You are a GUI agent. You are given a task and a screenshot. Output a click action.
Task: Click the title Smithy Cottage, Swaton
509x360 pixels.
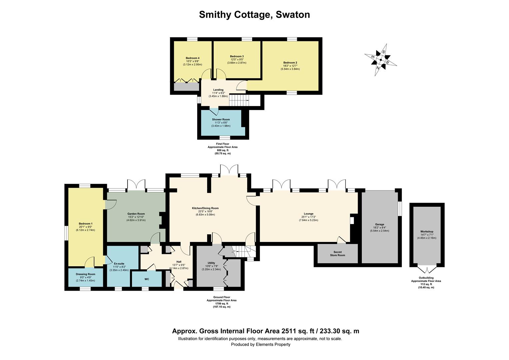(x=254, y=15)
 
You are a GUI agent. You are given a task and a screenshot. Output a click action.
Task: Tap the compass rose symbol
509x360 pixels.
(x=380, y=60)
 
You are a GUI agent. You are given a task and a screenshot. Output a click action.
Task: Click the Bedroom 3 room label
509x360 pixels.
(x=237, y=56)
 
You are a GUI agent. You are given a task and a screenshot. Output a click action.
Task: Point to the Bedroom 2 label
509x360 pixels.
(x=290, y=63)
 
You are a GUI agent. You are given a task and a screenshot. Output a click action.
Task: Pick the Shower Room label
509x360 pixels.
(x=221, y=119)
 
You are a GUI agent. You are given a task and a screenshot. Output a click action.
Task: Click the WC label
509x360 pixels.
(x=147, y=279)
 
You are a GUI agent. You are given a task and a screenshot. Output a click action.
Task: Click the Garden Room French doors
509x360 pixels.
(x=137, y=185)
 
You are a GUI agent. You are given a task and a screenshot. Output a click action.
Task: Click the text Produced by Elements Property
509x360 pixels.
(x=260, y=344)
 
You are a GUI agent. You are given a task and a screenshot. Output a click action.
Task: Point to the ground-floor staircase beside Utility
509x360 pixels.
(x=239, y=251)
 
